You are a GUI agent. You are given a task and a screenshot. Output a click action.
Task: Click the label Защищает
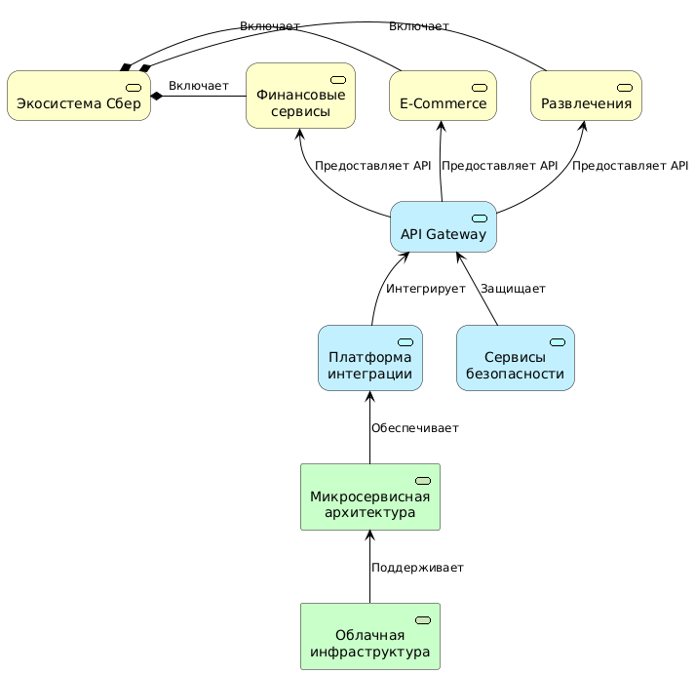tap(512, 289)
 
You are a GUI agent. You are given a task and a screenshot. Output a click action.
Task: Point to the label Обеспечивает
tap(414, 428)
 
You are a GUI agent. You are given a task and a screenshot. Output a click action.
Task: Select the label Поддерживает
tap(417, 568)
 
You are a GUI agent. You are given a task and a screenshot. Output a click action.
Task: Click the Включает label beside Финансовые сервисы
tap(198, 87)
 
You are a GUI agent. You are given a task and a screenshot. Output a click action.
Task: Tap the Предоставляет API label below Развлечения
tap(630, 166)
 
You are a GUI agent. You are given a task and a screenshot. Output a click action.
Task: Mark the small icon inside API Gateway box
tap(479, 217)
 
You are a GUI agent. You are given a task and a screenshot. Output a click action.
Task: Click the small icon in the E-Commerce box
tap(479, 88)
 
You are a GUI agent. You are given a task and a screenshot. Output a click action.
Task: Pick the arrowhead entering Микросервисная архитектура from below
tap(369, 535)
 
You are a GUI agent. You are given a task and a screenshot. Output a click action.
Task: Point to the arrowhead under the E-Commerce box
tap(442, 126)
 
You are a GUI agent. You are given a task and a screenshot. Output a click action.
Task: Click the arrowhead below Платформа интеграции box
tap(369, 396)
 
